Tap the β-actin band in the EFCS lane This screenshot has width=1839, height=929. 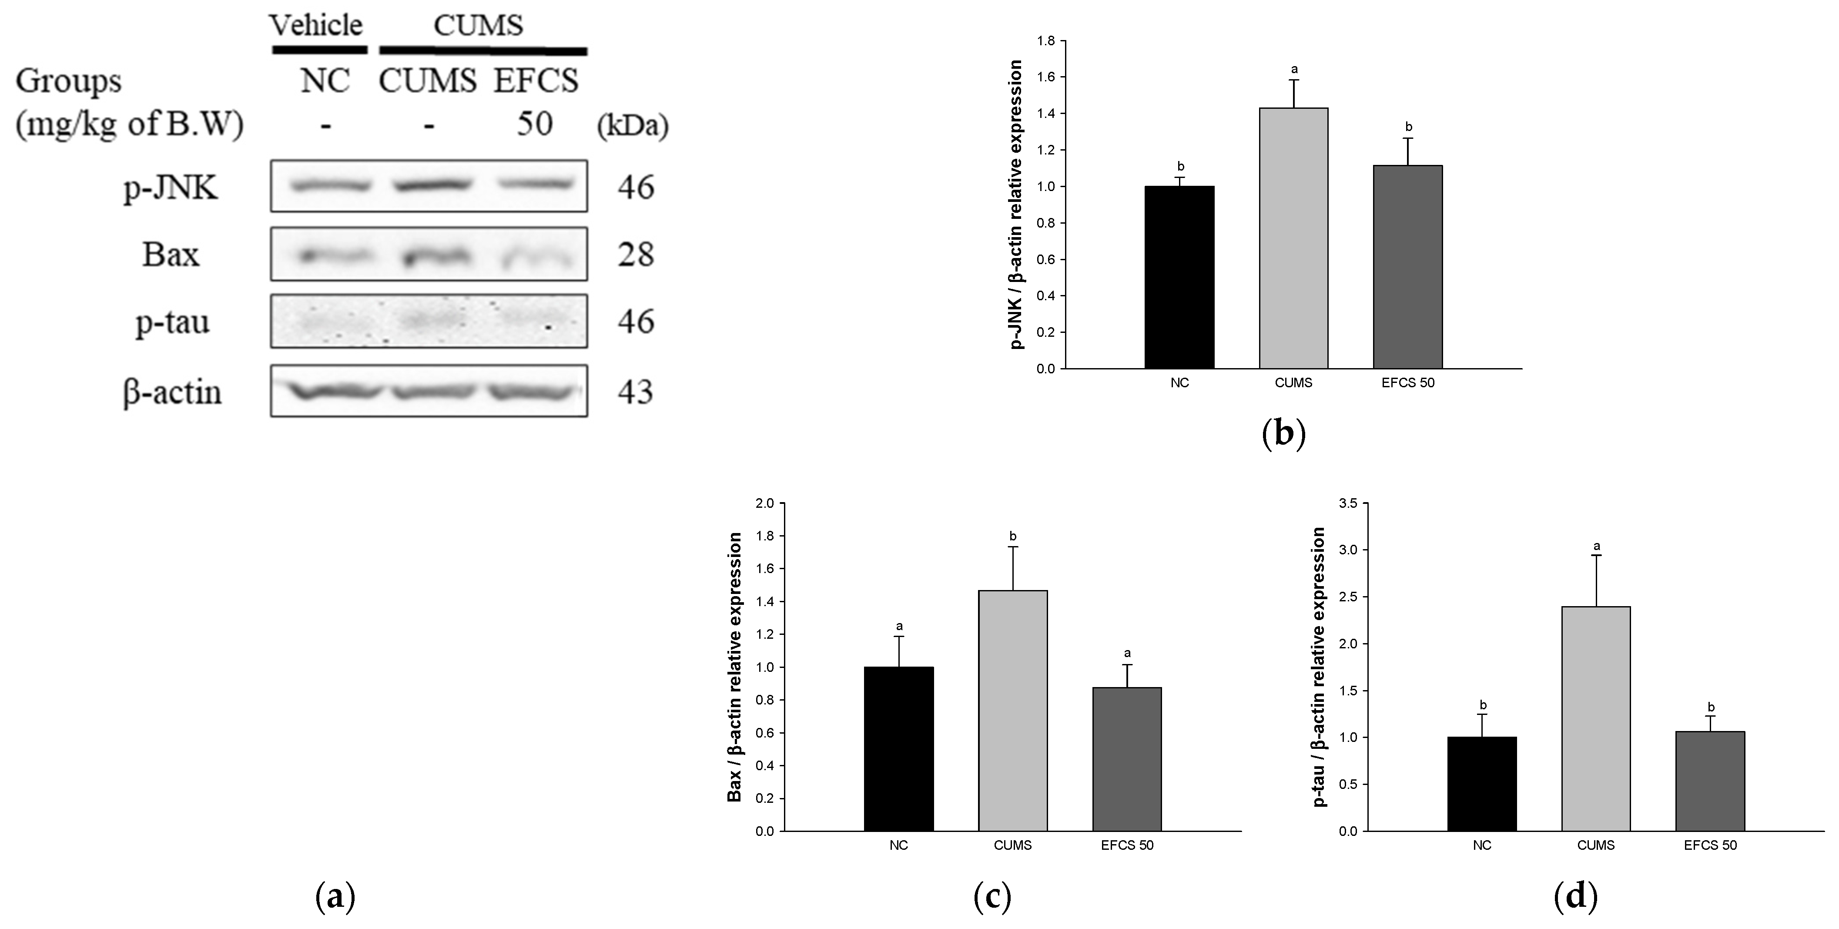coord(532,391)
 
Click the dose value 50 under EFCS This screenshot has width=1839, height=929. coord(534,124)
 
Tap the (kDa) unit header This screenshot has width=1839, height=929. coord(633,126)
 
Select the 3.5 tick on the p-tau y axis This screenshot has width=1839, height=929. coord(1349,503)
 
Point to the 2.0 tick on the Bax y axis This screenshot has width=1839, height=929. coord(764,503)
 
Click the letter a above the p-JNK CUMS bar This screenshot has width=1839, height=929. coord(1293,69)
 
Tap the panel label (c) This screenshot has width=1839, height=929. coord(992,896)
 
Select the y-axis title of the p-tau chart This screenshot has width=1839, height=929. coord(1319,667)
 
